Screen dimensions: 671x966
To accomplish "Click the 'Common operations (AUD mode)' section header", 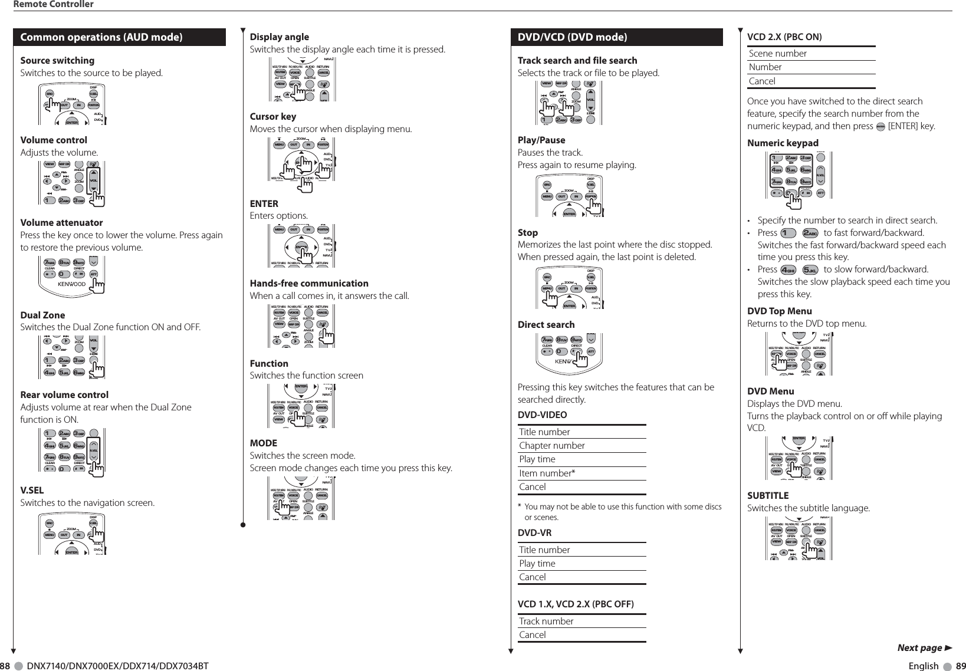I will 101,38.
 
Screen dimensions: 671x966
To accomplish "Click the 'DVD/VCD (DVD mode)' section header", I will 572,38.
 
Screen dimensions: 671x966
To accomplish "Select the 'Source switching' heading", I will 57,61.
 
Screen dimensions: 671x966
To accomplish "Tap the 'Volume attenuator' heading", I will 61,223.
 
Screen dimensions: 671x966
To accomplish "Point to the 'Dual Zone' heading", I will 42,315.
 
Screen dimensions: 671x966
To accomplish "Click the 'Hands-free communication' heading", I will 309,284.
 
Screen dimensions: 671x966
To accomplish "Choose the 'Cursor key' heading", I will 273,117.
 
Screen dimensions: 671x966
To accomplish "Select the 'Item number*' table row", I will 547,473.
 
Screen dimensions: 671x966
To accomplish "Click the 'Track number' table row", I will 546,621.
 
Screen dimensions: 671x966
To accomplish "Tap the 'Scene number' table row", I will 778,54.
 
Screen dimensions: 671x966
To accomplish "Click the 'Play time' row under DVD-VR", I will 537,564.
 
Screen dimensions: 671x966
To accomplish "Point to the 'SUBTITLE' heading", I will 768,496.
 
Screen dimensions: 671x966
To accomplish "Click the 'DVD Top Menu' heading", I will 780,311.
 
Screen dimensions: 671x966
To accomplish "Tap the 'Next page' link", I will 923,648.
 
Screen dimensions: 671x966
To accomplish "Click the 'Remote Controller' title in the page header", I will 54,5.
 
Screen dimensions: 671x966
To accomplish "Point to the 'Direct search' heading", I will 546,325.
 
